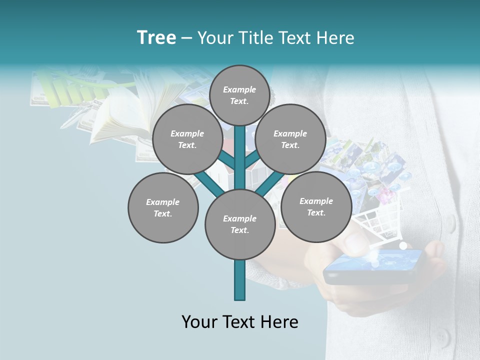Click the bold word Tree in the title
tap(156, 37)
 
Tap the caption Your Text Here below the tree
tap(239, 322)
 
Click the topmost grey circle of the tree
tap(239, 95)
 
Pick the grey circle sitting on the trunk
tap(239, 224)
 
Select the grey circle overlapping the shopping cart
tap(316, 206)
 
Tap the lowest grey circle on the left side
tap(163, 207)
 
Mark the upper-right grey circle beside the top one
tap(290, 139)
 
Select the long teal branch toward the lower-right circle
tap(270, 182)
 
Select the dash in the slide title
tap(186, 38)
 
